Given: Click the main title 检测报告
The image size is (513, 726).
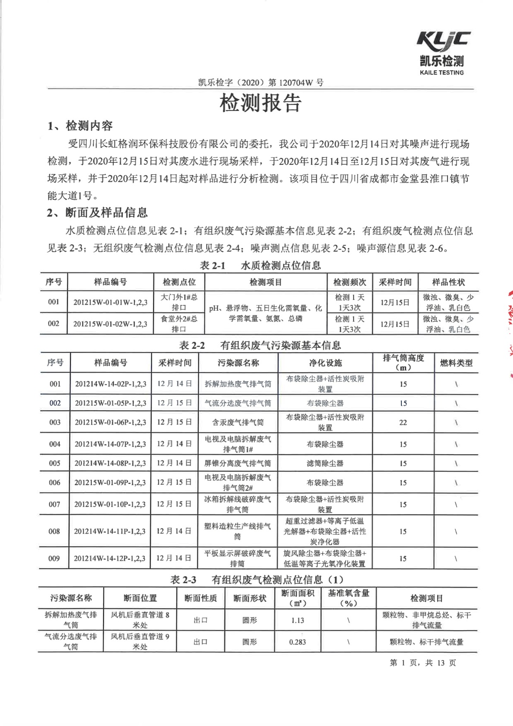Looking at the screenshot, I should pos(260,103).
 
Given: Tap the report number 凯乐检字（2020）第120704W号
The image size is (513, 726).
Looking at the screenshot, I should pos(261,82).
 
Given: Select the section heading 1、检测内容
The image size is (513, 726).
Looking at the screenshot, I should pos(80,126).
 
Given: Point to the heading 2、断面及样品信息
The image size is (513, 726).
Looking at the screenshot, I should pos(97,212).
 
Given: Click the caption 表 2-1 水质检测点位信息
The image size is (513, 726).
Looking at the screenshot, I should pos(260,265).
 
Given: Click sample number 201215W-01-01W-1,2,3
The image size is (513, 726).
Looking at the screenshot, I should pos(110,302).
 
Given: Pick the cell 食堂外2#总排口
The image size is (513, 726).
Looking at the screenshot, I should pos(179,324).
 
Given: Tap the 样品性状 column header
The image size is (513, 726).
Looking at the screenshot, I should pos(448,282).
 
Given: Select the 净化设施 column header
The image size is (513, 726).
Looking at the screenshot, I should pos(325,363).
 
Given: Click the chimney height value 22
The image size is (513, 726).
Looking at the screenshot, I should pos(403,423).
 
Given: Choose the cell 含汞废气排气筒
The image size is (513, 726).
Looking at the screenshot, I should pos(238,423).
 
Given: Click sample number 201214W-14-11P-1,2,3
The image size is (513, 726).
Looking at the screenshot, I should pos(110,531).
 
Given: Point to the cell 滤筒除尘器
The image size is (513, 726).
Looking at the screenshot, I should pos(325,464).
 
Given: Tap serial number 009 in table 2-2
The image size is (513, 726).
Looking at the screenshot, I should pos(54,559).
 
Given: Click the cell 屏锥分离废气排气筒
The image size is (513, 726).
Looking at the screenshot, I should pos(238,464).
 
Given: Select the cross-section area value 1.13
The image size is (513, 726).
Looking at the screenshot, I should pos(297,620).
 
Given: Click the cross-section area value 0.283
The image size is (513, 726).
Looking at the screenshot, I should pos(297,642).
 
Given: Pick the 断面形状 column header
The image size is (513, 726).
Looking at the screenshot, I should pos(250,598).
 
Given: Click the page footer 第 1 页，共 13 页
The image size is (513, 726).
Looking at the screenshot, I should pos(422,663).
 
